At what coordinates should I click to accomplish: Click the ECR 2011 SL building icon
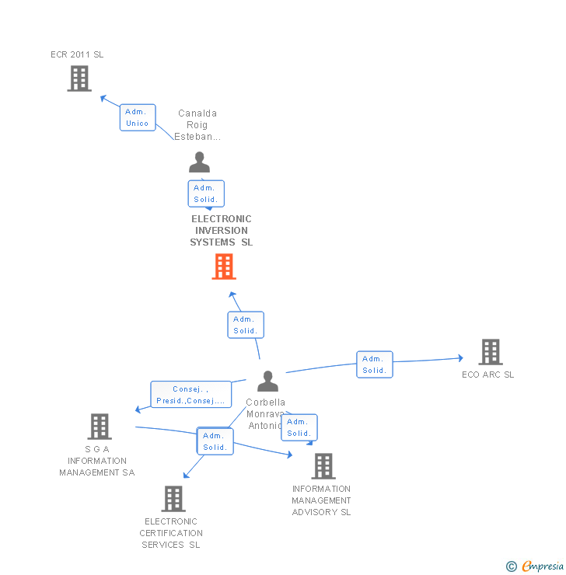click(79, 78)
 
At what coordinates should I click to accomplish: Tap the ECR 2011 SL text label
click(77, 54)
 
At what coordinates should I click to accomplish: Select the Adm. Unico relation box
click(138, 117)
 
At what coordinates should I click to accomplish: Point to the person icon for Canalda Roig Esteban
click(200, 162)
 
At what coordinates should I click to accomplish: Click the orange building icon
click(224, 267)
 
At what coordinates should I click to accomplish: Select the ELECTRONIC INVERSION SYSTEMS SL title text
click(222, 231)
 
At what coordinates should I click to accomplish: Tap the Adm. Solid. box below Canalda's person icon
click(206, 193)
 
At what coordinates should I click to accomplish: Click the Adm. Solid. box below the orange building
click(246, 325)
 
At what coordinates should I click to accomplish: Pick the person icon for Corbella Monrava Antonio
click(267, 381)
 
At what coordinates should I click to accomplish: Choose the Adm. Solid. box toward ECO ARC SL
click(375, 364)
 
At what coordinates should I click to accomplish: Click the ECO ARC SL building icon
click(490, 352)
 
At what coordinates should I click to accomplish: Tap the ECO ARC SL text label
click(487, 375)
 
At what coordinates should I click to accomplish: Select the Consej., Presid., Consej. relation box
click(191, 395)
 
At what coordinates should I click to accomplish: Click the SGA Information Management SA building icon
click(100, 426)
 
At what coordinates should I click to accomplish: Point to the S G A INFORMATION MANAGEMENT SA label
click(97, 461)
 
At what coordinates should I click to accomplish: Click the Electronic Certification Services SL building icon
click(173, 498)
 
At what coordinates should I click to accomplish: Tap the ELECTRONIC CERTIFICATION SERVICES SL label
click(171, 533)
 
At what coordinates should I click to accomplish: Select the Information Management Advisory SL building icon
click(323, 465)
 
